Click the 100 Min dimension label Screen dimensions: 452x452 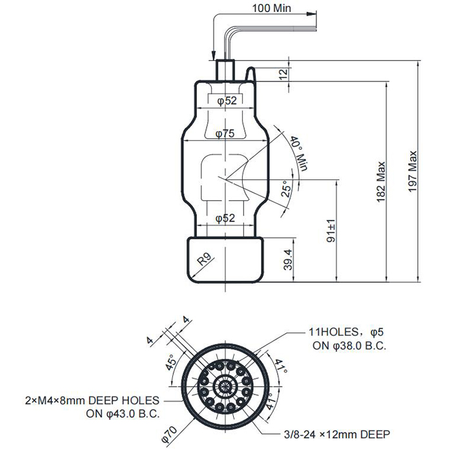pyautogui.click(x=272, y=8)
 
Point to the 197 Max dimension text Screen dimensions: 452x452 pyautogui.click(x=413, y=171)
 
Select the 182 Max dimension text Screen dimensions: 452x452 pyautogui.click(x=381, y=182)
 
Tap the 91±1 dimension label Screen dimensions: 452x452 pyautogui.click(x=331, y=231)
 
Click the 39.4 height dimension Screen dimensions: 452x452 pyautogui.click(x=288, y=260)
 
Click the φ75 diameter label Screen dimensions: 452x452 pyautogui.click(x=225, y=134)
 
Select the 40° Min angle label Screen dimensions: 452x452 pyautogui.click(x=298, y=154)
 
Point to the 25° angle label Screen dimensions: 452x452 pyautogui.click(x=286, y=189)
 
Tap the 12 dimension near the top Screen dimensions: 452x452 pyautogui.click(x=284, y=74)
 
